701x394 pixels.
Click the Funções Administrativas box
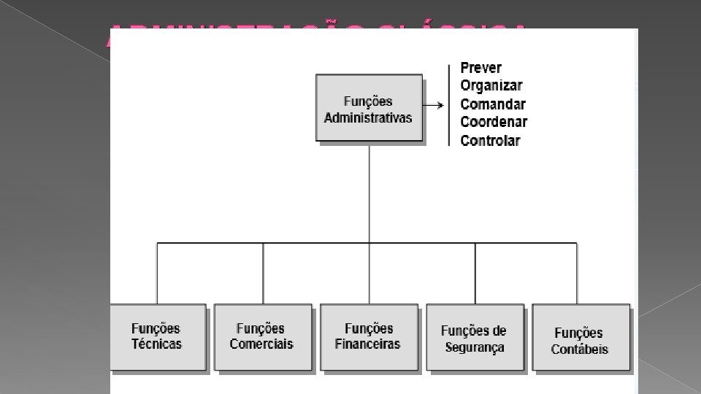coord(369,108)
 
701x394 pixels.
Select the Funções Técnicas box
coord(157,337)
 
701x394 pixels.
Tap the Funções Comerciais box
coord(261,337)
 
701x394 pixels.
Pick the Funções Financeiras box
coord(368,337)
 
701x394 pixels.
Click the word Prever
coord(481,68)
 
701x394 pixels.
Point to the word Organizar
coord(491,85)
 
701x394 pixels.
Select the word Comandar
coord(493,104)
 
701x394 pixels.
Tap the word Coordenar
coord(494,122)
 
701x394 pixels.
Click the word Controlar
coord(491,141)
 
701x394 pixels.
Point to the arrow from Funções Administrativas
coord(434,106)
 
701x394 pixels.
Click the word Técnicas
coord(157,344)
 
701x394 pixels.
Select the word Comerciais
coord(261,344)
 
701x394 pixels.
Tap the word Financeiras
coord(368,344)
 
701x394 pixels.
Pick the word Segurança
coord(475,348)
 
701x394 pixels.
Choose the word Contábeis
coord(580,349)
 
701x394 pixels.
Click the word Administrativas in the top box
coord(368,117)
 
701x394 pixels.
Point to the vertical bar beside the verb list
coord(449,106)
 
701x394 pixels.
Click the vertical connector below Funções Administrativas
coord(369,193)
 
